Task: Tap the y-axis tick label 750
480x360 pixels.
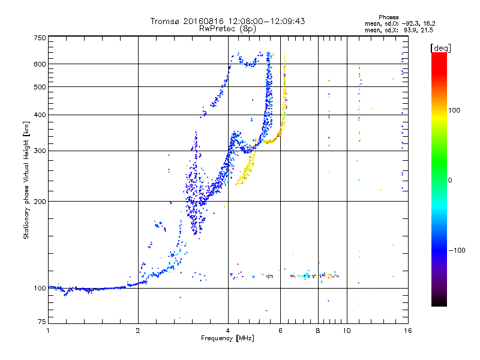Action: pos(40,38)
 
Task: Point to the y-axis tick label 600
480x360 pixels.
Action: pos(40,64)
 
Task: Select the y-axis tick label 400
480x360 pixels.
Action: pos(40,115)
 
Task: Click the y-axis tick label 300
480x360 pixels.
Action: pos(40,151)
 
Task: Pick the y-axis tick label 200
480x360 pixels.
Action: pos(40,202)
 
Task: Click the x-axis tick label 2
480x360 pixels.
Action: pos(138,331)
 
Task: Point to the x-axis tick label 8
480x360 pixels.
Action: pos(318,331)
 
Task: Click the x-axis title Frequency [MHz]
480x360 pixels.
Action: pos(227,338)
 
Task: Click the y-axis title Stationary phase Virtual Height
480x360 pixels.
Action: pos(26,180)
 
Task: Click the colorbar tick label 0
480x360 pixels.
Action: pos(451,180)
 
